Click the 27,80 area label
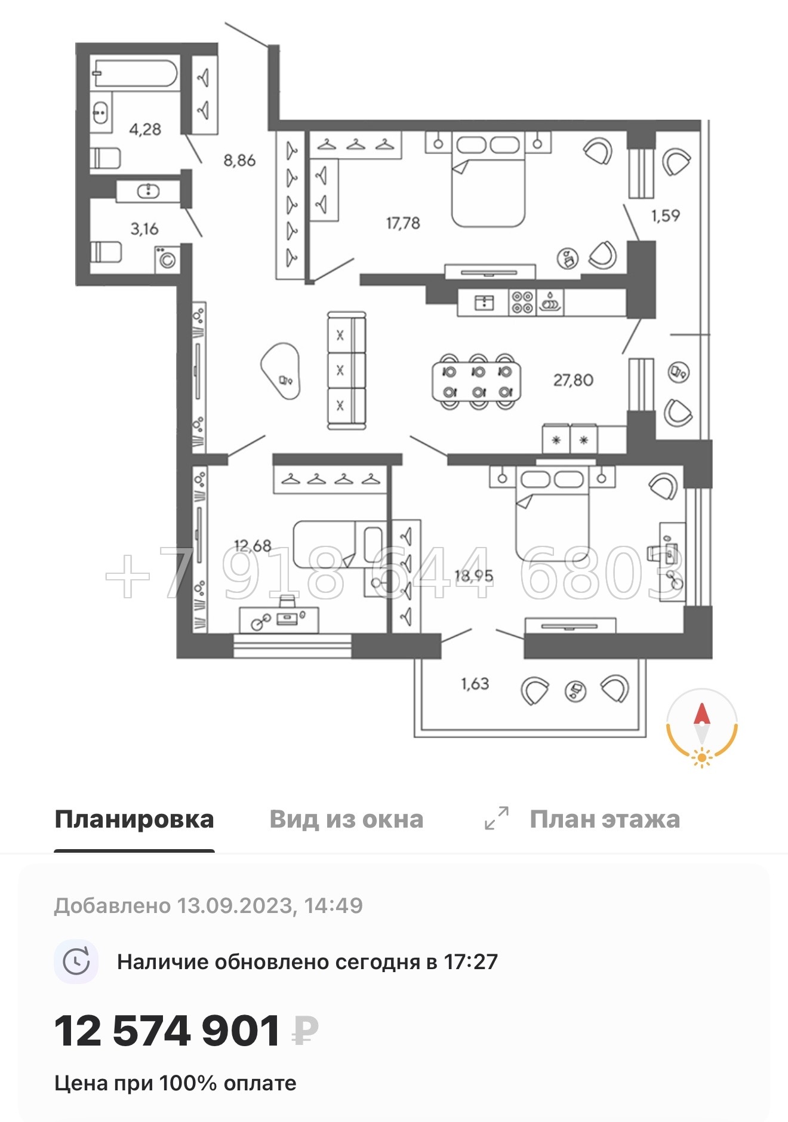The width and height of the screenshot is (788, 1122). pyautogui.click(x=573, y=380)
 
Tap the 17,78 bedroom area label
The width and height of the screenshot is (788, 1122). pyautogui.click(x=403, y=223)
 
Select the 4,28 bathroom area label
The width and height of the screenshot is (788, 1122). pyautogui.click(x=145, y=129)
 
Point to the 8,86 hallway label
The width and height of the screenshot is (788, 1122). pyautogui.click(x=239, y=160)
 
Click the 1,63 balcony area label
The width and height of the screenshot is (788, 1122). pyautogui.click(x=475, y=683)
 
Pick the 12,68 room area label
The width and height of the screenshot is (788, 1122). pyautogui.click(x=253, y=545)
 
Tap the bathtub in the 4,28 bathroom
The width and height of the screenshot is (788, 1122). pyautogui.click(x=135, y=74)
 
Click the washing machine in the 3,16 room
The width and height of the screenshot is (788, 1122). pyautogui.click(x=167, y=260)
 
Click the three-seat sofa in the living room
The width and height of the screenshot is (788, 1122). pyautogui.click(x=346, y=370)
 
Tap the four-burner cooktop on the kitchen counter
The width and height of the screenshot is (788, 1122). pyautogui.click(x=522, y=302)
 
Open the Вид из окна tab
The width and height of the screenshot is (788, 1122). pyautogui.click(x=346, y=819)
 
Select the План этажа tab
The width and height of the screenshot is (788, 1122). pyautogui.click(x=604, y=819)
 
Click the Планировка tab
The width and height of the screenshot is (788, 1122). pyautogui.click(x=134, y=819)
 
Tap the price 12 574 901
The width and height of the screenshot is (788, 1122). pyautogui.click(x=167, y=1031)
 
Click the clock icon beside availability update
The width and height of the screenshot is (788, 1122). pyautogui.click(x=76, y=962)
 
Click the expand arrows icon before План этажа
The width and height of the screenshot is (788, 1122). pyautogui.click(x=496, y=818)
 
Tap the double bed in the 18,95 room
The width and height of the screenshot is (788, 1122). pyautogui.click(x=552, y=514)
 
